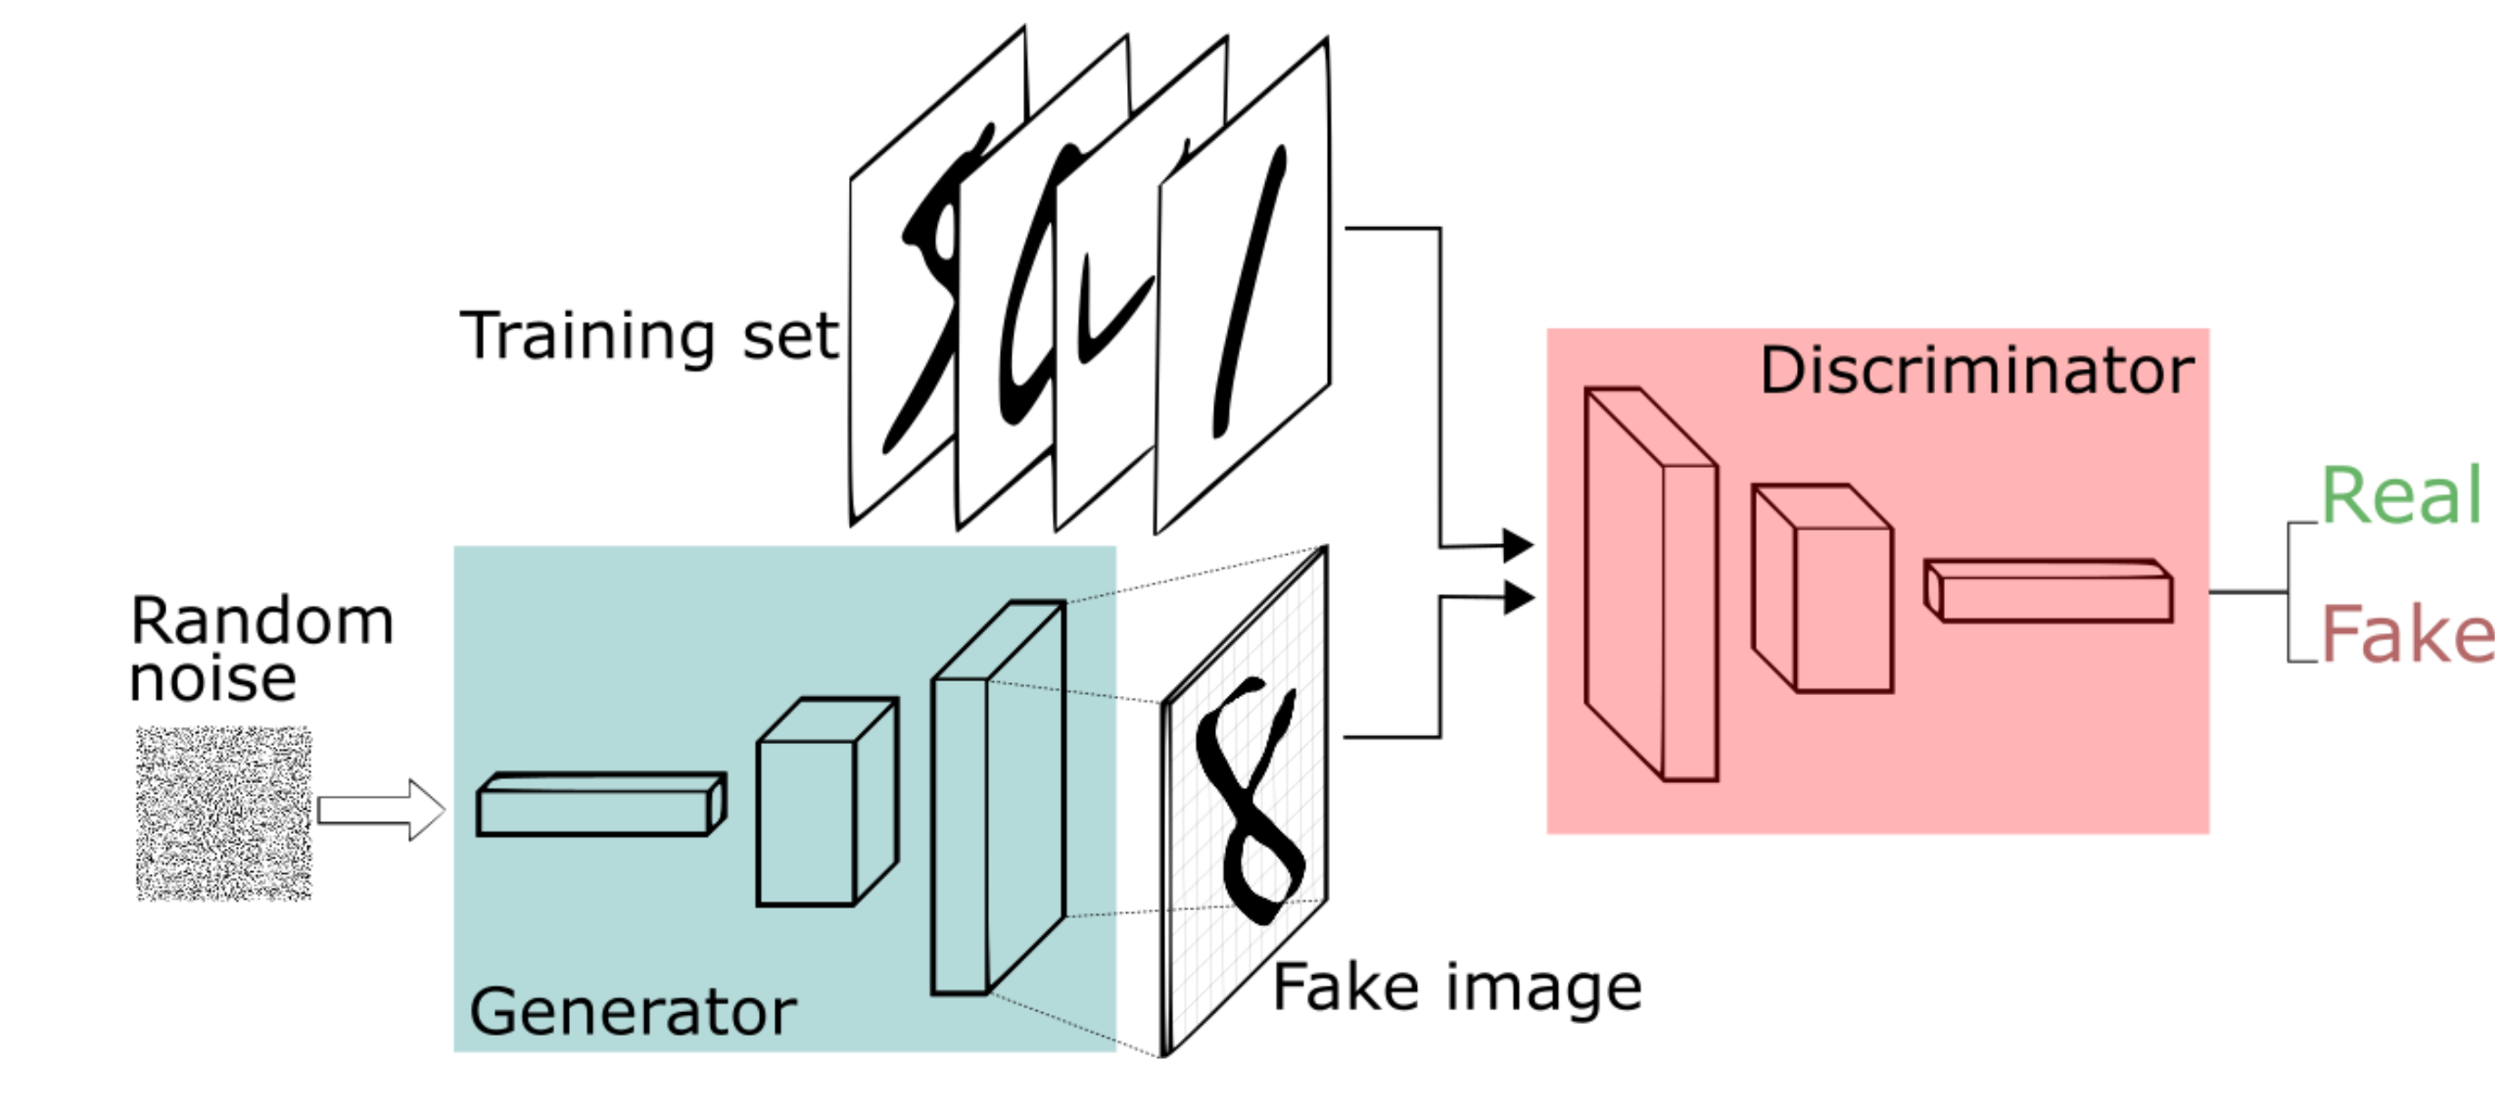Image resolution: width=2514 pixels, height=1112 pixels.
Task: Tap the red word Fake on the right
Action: click(x=2407, y=635)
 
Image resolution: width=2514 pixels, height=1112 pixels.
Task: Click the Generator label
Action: click(x=633, y=1011)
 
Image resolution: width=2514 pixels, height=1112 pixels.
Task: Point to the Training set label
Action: click(x=649, y=336)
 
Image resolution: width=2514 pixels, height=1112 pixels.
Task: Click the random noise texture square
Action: click(x=224, y=812)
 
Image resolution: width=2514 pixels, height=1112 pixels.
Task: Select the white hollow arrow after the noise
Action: click(x=381, y=809)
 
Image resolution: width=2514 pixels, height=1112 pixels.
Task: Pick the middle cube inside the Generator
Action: click(x=824, y=805)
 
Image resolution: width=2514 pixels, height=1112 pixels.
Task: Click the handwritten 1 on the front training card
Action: click(x=1250, y=293)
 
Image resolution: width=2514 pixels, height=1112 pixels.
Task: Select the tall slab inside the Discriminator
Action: click(x=1650, y=585)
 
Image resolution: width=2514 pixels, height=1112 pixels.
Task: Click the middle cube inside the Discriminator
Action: click(x=1823, y=590)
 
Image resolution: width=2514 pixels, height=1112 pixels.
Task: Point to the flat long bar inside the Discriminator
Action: click(x=2050, y=591)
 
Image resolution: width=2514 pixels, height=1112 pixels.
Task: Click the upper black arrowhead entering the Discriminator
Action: click(x=1518, y=545)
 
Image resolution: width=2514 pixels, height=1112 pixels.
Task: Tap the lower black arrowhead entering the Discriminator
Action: click(x=1518, y=597)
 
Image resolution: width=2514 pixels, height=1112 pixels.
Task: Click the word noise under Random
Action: click(x=213, y=680)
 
